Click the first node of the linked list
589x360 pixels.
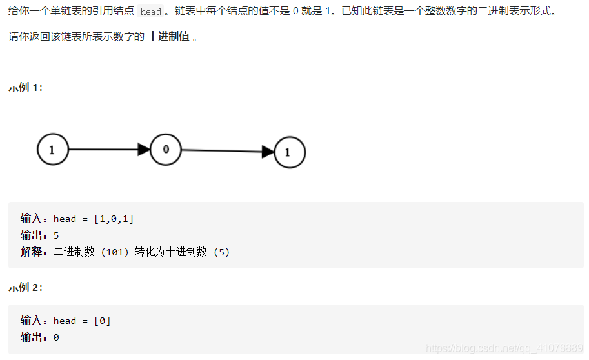point(52,150)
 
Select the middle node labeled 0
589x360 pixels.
point(166,150)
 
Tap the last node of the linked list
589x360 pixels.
point(290,153)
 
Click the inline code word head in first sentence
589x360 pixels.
point(150,12)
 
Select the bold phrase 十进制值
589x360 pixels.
point(168,36)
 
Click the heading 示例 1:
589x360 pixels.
point(26,87)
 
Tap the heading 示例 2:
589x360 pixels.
point(26,287)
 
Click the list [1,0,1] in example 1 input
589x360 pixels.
point(114,219)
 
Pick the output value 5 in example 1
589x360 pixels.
point(56,235)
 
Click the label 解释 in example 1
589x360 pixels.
point(32,252)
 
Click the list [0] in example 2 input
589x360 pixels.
point(103,321)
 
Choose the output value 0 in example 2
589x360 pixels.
point(56,337)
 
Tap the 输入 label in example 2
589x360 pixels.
point(32,321)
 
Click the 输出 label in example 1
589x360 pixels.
point(32,235)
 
